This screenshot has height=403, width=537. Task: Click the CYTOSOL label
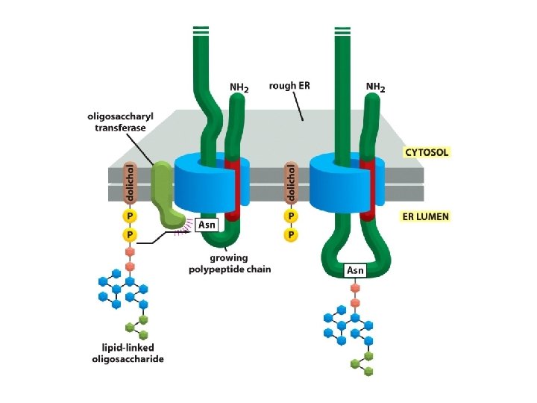pos(427,151)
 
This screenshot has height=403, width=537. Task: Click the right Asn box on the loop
pos(355,270)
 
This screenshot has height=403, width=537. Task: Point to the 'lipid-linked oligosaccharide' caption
pos(133,353)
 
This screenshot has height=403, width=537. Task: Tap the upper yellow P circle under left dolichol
pos(130,216)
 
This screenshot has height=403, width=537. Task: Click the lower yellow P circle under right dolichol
pos(292,234)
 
